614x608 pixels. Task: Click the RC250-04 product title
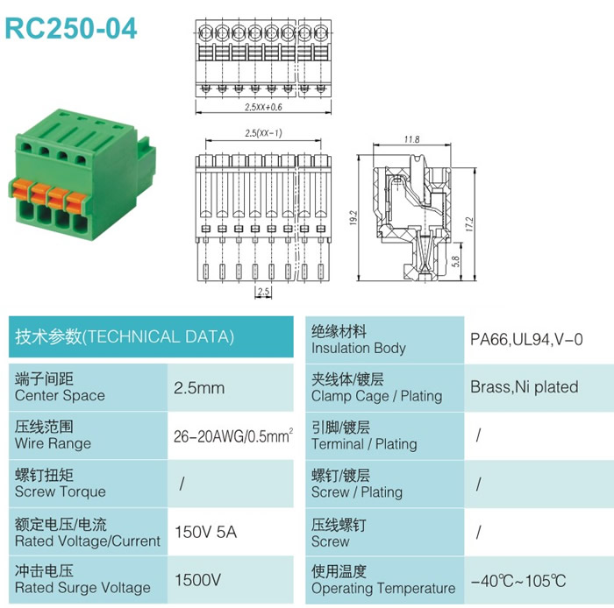click(71, 29)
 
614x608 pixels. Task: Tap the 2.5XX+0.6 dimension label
click(263, 107)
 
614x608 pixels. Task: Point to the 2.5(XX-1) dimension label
click(263, 133)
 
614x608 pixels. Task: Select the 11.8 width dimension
click(412, 139)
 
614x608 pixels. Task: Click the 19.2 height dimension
click(353, 218)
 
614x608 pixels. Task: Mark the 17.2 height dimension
click(469, 224)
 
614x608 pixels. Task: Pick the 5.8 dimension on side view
click(455, 261)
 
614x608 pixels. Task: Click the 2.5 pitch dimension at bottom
click(263, 291)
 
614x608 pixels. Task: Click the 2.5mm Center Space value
click(199, 388)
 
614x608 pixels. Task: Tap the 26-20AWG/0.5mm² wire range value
click(233, 436)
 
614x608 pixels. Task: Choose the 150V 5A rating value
click(205, 532)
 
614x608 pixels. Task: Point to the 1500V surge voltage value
click(197, 580)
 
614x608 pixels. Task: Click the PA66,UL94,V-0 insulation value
click(526, 339)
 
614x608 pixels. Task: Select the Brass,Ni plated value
click(525, 387)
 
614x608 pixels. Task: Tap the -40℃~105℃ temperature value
click(518, 581)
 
